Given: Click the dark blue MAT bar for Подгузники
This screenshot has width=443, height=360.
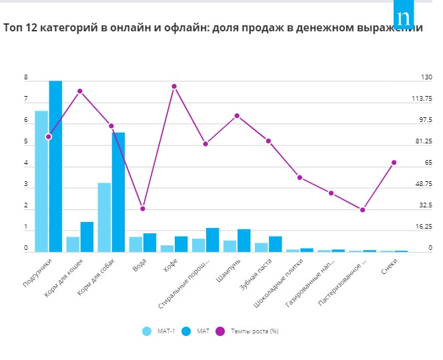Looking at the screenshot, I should click(55, 166).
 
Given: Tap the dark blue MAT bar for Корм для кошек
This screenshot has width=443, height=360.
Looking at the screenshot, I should click(87, 237).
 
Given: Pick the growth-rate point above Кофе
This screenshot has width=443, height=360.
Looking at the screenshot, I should click(174, 86).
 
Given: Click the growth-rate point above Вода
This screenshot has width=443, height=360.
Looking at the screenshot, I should click(142, 209).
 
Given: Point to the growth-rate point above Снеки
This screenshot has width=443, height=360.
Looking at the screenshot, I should click(394, 163).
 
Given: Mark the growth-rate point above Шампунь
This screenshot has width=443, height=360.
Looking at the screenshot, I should click(237, 115).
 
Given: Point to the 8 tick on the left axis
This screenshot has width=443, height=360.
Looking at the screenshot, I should click(26, 78).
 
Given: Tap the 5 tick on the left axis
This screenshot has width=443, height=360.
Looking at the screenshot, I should click(26, 142).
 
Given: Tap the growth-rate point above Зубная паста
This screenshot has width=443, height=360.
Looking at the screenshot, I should click(268, 141).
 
